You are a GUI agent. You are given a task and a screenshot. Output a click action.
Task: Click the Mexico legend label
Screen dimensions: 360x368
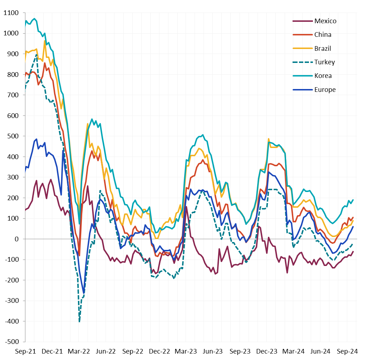tap(325, 21)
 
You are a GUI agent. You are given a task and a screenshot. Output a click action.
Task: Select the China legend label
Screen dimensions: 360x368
tap(323, 35)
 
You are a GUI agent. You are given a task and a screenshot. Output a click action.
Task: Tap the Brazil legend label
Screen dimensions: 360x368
tap(323, 48)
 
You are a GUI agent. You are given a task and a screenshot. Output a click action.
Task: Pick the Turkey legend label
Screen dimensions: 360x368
tap(325, 62)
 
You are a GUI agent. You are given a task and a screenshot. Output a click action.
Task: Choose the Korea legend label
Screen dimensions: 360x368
tap(323, 76)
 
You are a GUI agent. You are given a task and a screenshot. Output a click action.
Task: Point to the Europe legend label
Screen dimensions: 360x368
tap(325, 90)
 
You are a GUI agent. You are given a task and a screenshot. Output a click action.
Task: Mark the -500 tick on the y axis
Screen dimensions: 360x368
tap(13, 341)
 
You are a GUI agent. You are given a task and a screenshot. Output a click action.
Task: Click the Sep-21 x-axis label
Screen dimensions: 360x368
tap(25, 351)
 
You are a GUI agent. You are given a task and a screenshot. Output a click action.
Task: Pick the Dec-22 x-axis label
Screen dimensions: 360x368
tap(160, 351)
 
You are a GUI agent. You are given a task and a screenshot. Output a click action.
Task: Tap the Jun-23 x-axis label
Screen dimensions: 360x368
tap(213, 351)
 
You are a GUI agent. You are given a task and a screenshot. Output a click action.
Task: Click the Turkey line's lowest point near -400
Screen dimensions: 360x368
tap(79, 321)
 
